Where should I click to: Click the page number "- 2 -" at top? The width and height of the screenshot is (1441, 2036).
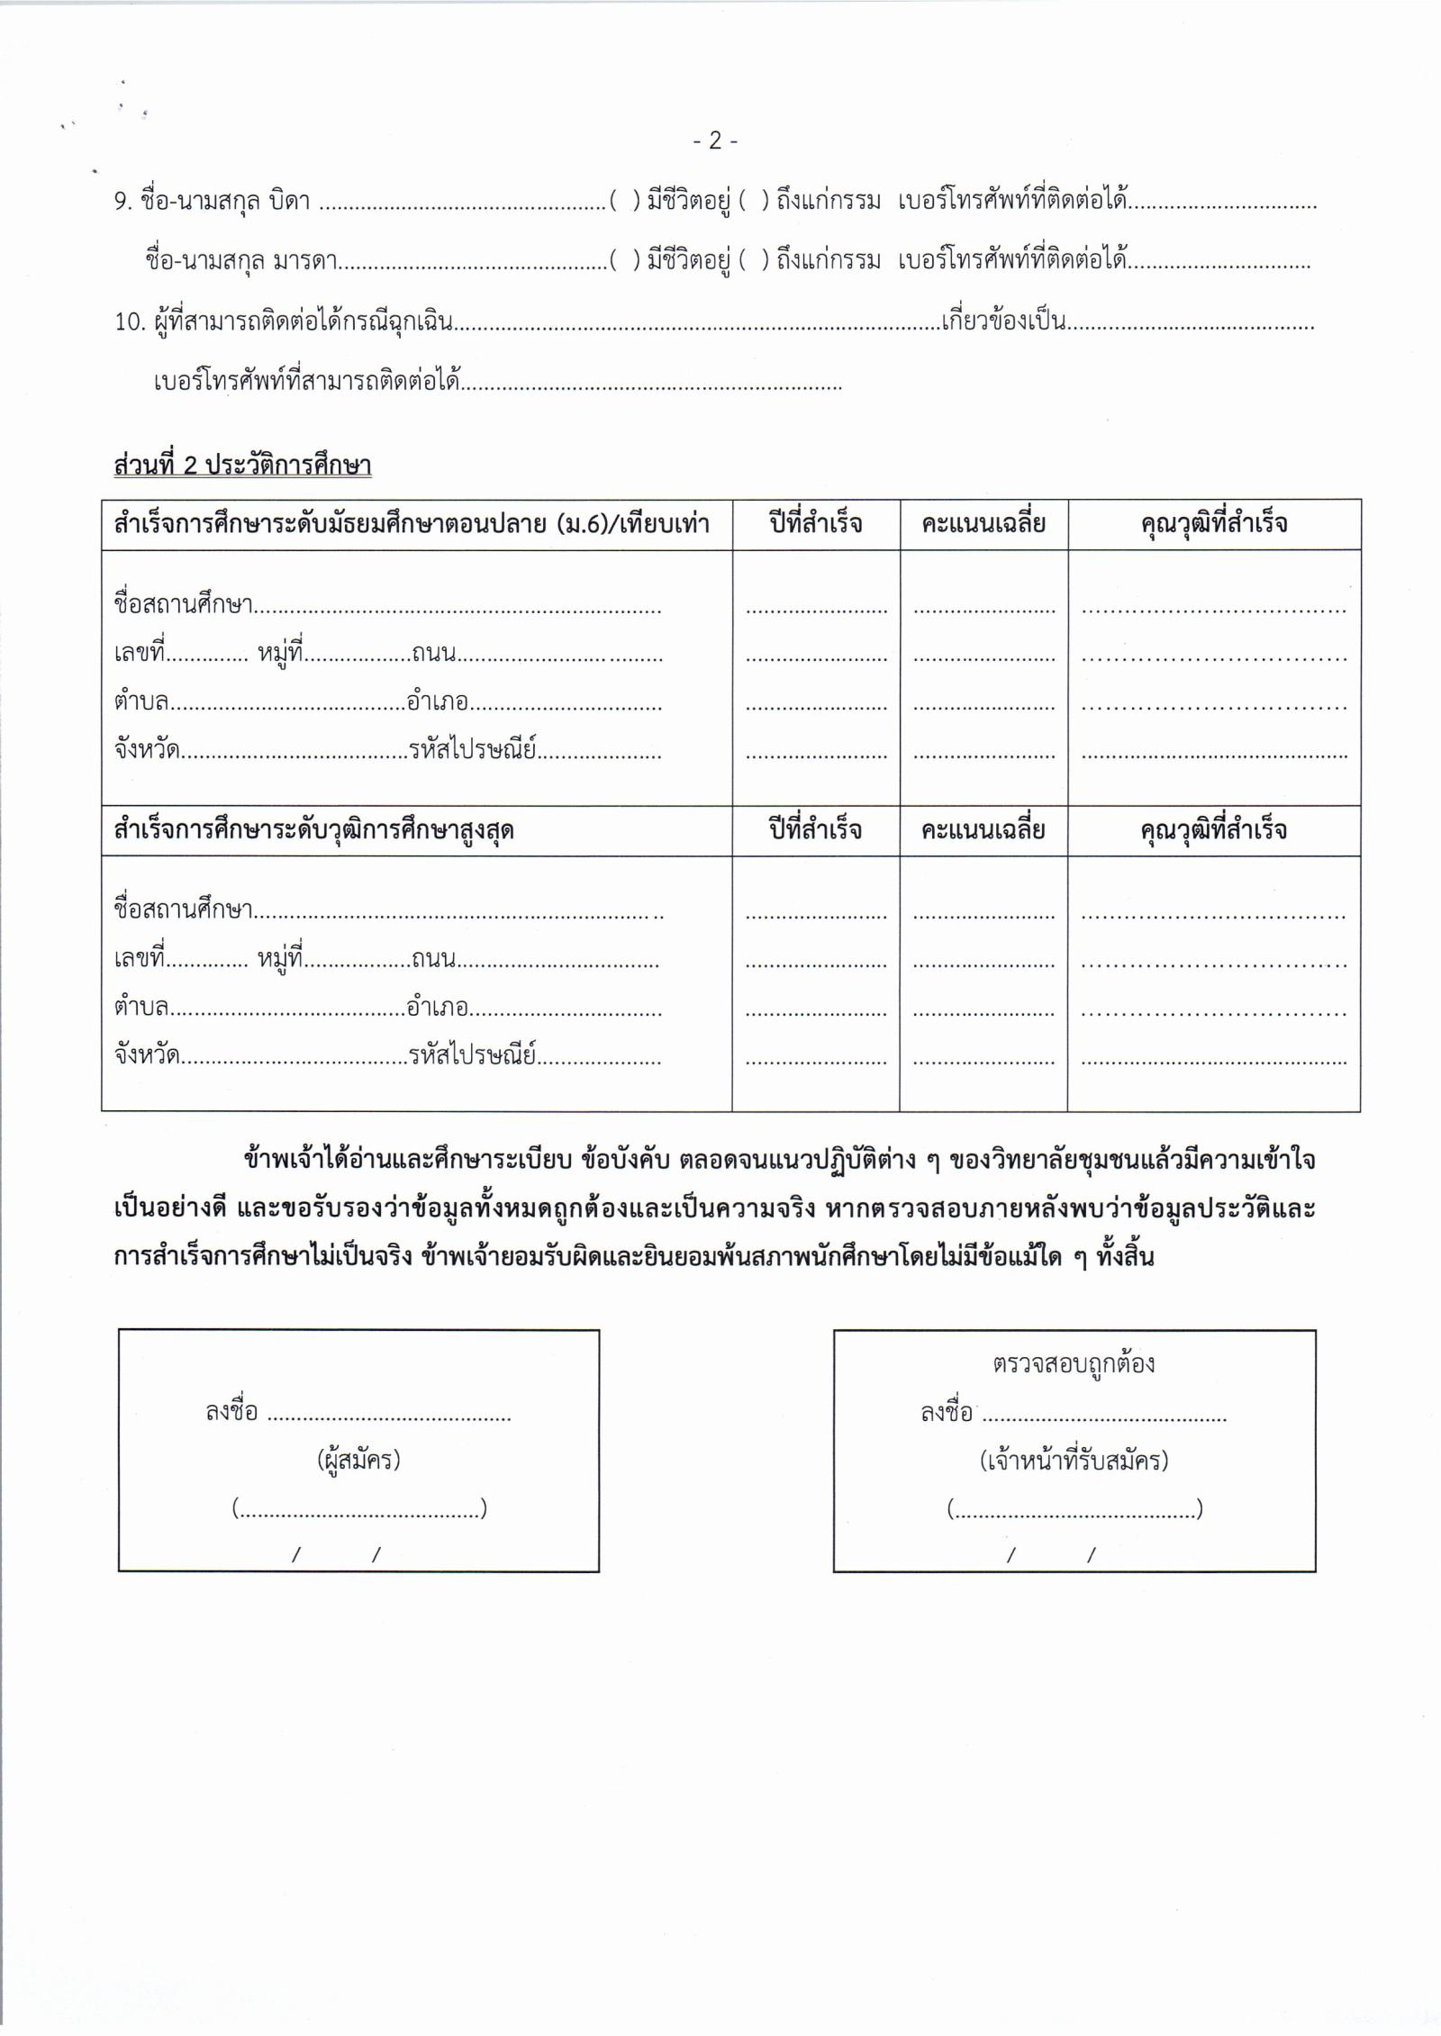click(x=716, y=140)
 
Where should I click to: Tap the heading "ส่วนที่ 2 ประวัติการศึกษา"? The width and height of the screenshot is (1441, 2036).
click(x=242, y=466)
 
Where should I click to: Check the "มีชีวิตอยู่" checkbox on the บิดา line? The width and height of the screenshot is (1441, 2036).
click(x=624, y=201)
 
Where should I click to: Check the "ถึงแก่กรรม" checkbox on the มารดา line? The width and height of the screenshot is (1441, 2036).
click(x=754, y=261)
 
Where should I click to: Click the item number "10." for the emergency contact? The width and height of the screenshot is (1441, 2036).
click(x=130, y=321)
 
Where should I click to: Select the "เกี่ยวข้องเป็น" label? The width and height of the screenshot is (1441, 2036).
click(x=1003, y=321)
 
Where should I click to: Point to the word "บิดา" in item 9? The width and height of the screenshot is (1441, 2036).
click(x=289, y=201)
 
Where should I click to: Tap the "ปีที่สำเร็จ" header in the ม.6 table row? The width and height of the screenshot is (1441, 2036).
click(x=816, y=524)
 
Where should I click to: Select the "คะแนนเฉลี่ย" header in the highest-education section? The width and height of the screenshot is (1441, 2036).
click(x=983, y=829)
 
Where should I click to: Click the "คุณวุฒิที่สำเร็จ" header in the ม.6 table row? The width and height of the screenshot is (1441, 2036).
click(x=1213, y=524)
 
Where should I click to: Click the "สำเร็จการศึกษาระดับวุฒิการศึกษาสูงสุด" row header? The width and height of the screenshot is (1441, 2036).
click(x=313, y=829)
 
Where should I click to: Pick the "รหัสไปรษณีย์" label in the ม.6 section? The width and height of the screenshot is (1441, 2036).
click(x=473, y=750)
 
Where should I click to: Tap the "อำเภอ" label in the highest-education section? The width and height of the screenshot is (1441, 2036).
click(x=437, y=1008)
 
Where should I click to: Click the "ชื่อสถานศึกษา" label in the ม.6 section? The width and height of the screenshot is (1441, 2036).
click(x=183, y=604)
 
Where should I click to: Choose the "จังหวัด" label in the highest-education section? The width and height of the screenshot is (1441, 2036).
click(x=146, y=1055)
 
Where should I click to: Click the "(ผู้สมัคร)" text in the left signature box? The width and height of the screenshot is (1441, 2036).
click(x=358, y=1459)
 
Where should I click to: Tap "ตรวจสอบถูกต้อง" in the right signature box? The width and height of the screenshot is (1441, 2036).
click(x=1074, y=1364)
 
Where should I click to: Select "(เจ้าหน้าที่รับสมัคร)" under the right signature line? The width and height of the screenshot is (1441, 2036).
click(x=1074, y=1460)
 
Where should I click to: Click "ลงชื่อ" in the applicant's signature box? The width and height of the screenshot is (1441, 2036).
click(x=231, y=1412)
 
